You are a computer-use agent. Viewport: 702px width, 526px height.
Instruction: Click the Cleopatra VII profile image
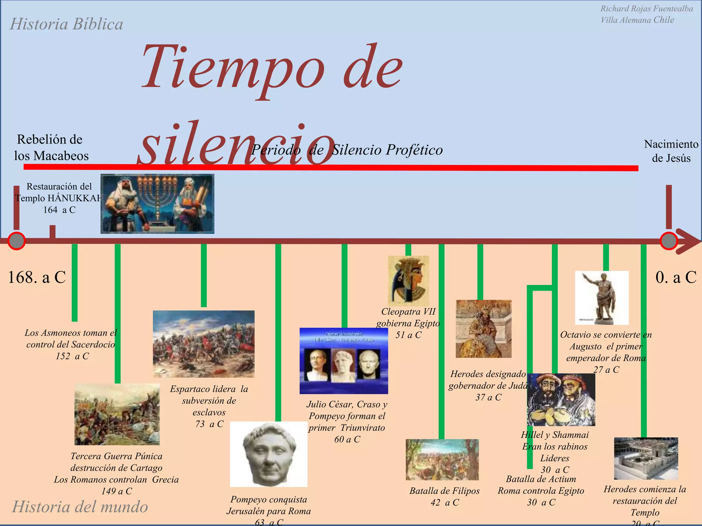(408, 280)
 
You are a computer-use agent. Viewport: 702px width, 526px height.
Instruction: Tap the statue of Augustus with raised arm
(602, 298)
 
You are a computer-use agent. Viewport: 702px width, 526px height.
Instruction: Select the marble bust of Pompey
(268, 454)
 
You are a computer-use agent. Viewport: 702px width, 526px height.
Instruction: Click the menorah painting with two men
(157, 204)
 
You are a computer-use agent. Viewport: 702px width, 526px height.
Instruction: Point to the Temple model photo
(646, 458)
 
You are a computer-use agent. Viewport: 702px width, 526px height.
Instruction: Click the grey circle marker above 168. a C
(16, 241)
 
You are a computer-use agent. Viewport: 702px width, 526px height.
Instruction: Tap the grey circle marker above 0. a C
(668, 241)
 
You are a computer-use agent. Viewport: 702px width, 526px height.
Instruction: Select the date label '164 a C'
(59, 210)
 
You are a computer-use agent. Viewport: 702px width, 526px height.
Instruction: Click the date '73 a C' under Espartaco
(209, 424)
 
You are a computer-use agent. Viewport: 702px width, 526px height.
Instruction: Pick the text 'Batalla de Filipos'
(444, 491)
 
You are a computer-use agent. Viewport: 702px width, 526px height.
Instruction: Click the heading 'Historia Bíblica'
(66, 24)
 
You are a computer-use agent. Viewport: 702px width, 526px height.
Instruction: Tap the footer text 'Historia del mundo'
(80, 507)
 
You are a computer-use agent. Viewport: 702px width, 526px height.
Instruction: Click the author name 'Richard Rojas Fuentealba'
(646, 9)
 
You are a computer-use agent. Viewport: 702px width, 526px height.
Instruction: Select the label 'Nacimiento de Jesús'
(671, 151)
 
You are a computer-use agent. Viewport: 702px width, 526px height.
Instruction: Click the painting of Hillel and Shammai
(561, 400)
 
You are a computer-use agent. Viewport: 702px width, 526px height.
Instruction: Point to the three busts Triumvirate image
(344, 361)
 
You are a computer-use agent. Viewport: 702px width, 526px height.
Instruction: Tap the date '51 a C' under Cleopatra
(408, 335)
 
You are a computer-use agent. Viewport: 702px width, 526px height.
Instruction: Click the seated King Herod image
(483, 329)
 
